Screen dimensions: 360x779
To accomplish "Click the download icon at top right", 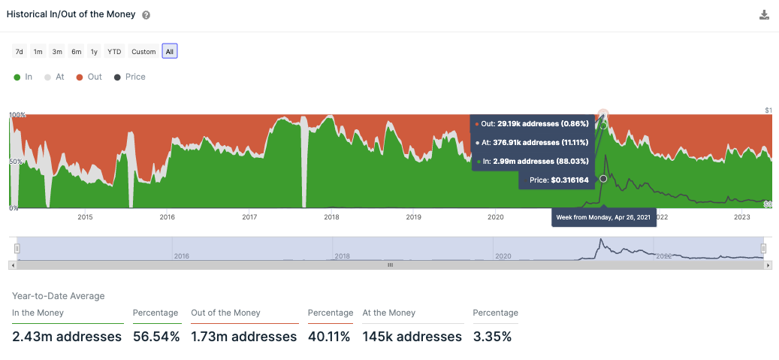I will tap(764, 15).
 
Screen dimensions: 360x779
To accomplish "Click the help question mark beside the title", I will tap(146, 15).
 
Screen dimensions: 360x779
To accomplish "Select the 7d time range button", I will tap(20, 52).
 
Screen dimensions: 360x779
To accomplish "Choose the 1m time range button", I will tap(38, 52).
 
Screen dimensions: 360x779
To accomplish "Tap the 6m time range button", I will tap(76, 52).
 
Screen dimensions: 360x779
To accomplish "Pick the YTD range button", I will tap(114, 52).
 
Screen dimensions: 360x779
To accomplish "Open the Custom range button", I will tap(143, 52).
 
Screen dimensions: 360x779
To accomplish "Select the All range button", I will tap(170, 52).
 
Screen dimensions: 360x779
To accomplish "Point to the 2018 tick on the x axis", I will tap(331, 217).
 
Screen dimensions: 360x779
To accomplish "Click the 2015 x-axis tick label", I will tap(85, 217).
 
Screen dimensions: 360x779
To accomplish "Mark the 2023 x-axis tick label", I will tap(742, 217).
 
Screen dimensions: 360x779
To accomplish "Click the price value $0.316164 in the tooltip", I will tap(570, 180).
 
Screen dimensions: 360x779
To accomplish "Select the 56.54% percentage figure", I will tap(156, 337).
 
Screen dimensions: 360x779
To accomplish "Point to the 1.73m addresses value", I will tap(244, 337).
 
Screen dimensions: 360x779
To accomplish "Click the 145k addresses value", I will tap(412, 337).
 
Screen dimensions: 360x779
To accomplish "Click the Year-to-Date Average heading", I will tap(59, 296).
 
